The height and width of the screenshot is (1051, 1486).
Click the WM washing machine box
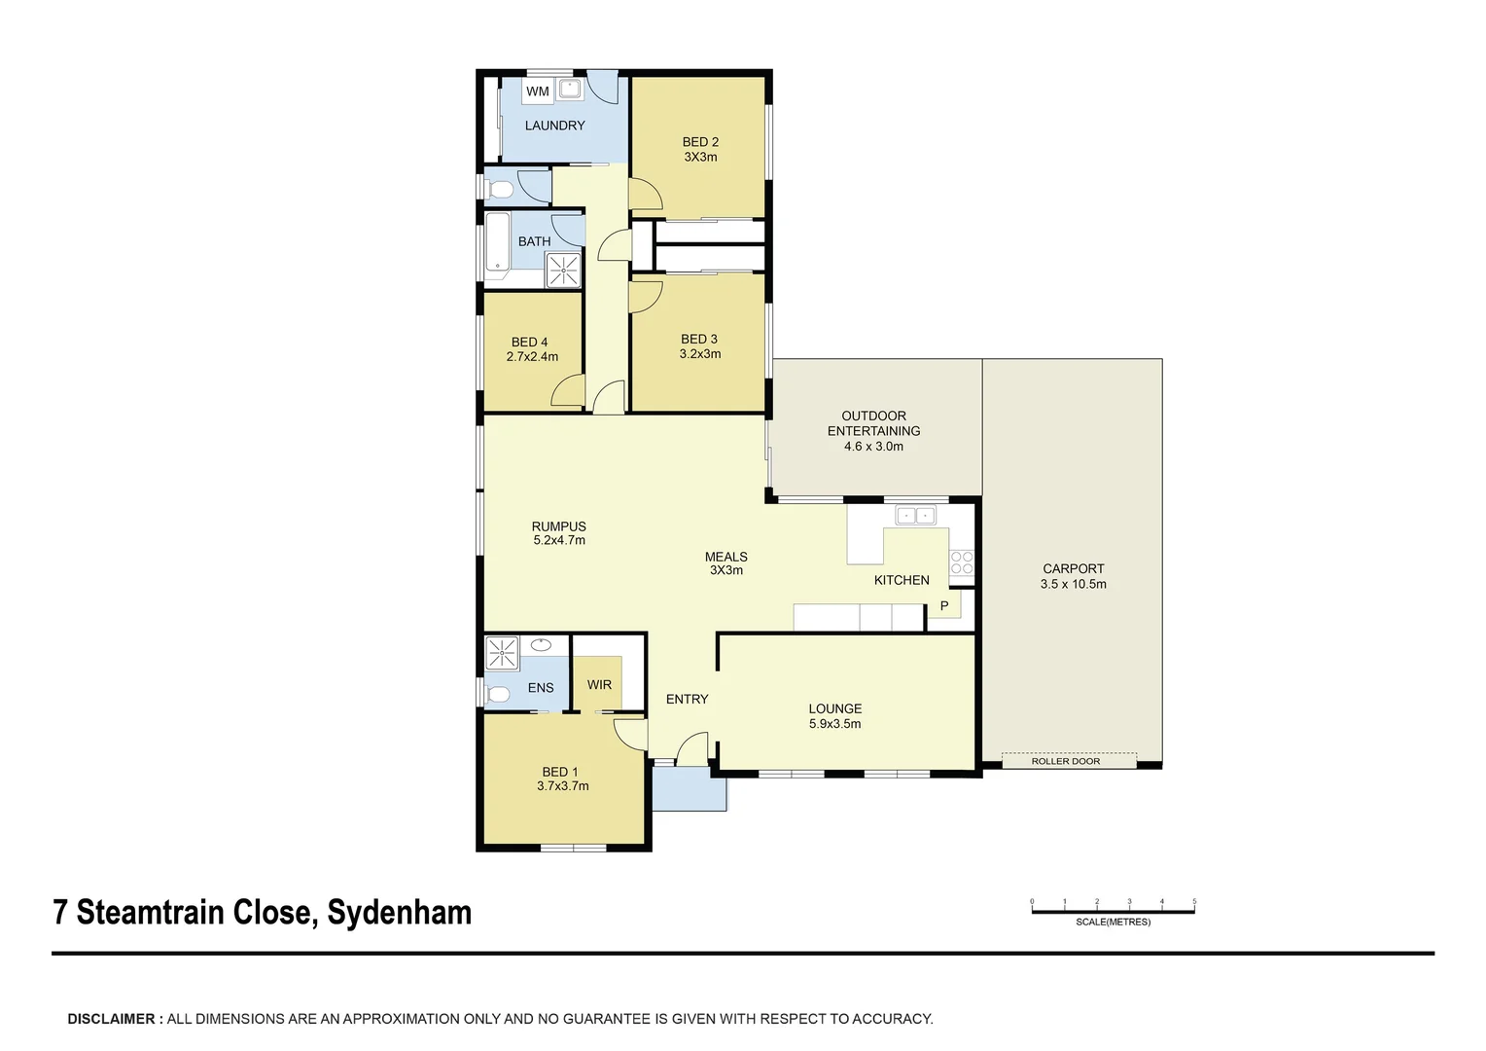point(538,91)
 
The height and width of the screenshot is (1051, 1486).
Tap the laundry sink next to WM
point(569,89)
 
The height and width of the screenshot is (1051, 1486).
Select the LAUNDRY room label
point(554,126)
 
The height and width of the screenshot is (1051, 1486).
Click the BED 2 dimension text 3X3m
point(700,158)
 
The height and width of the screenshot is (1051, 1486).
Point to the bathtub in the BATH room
point(498,242)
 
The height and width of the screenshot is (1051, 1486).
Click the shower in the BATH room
point(562,271)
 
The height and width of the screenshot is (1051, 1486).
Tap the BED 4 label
point(529,342)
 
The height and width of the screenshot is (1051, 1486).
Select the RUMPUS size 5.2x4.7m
point(559,540)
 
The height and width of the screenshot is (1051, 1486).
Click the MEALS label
point(725,557)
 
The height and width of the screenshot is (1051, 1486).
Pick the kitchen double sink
point(915,515)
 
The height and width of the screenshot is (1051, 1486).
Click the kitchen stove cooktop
point(961,563)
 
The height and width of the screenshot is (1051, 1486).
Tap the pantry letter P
point(944,605)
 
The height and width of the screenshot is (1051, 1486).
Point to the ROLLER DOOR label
point(1066,761)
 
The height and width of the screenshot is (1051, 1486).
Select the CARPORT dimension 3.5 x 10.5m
point(1074,584)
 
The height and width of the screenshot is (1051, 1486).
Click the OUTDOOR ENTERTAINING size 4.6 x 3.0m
point(873,446)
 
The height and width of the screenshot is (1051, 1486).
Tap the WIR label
point(599,684)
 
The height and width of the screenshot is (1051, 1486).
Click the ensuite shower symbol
point(502,653)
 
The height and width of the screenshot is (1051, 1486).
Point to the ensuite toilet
point(496,695)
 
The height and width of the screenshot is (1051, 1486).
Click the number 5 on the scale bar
point(1194,901)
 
